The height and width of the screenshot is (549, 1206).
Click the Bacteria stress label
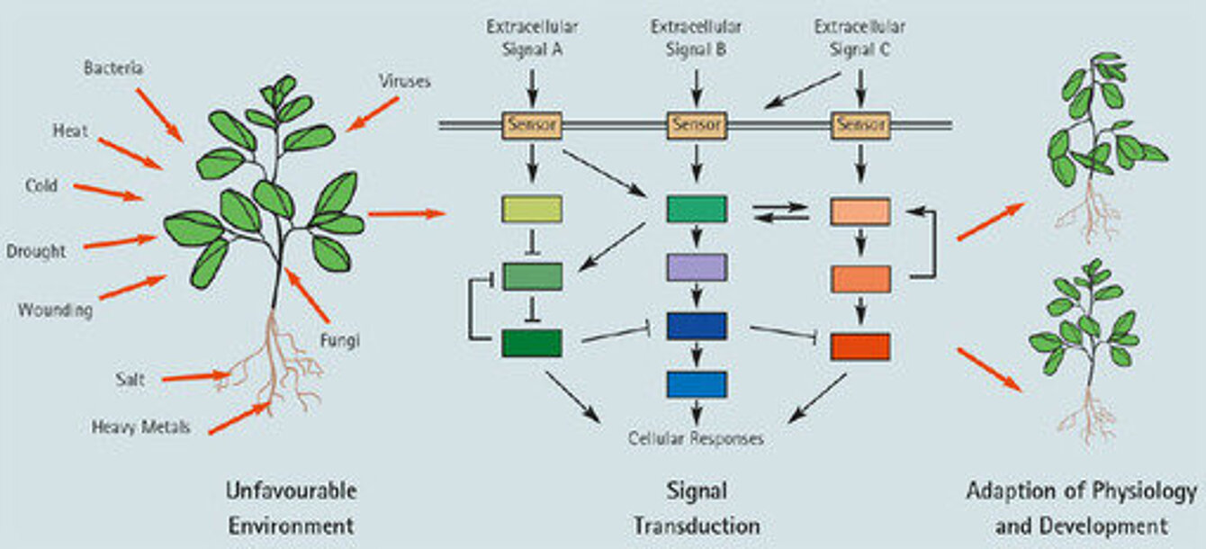113,67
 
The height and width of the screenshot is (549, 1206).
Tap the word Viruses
405,81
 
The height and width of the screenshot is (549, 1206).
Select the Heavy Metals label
141,427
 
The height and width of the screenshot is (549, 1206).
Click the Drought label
36,251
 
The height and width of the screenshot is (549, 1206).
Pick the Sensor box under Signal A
532,125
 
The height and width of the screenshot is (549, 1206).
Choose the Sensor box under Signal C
860,125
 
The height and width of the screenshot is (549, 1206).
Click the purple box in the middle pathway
697,267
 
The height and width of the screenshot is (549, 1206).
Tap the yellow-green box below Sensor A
532,209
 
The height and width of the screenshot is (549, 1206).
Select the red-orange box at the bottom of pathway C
860,347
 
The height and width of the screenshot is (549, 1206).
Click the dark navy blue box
697,326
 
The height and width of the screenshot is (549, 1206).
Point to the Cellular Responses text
696,438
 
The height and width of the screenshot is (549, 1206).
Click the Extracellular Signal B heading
696,38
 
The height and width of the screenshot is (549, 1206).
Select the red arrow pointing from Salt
197,376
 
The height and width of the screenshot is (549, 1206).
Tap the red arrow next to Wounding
133,287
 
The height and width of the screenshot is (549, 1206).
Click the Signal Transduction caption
697,508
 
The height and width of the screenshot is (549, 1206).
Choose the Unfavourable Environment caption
292,508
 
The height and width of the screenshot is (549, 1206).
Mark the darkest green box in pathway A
532,344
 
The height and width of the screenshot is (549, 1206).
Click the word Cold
41,185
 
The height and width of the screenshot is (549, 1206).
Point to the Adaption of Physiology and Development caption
1082,508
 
